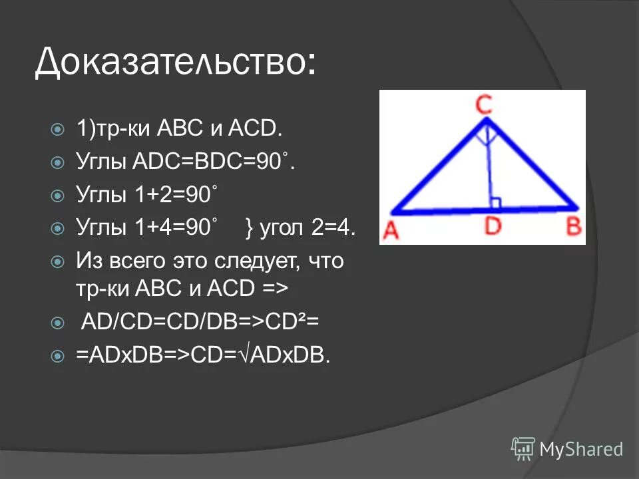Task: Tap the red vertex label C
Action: (x=485, y=105)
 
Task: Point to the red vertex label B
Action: (x=573, y=228)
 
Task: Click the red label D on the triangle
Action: (x=493, y=228)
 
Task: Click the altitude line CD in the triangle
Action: (x=491, y=166)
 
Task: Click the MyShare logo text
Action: (x=582, y=449)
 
